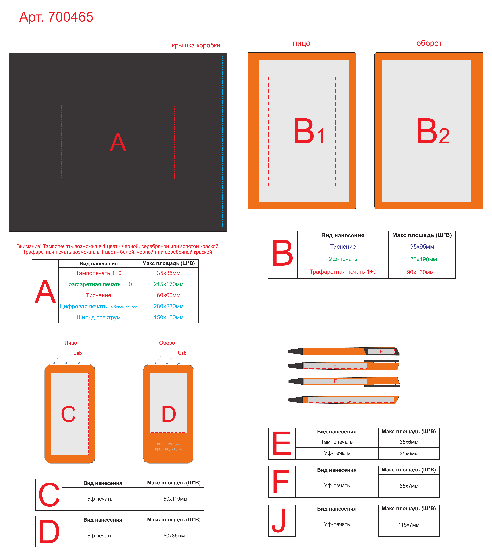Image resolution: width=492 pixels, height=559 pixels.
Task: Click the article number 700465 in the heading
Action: pos(70,17)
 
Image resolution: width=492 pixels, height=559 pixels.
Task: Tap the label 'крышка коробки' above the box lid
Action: pos(196,45)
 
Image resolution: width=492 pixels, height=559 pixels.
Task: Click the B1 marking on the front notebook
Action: pos(309,131)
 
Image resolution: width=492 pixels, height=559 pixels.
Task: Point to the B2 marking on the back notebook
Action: pos(433,131)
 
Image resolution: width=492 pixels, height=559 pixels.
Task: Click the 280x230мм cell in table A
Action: pos(169,306)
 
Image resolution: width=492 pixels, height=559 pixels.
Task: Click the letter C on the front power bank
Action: pos(68,414)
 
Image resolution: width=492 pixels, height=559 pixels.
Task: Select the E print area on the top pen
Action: pos(381,351)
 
